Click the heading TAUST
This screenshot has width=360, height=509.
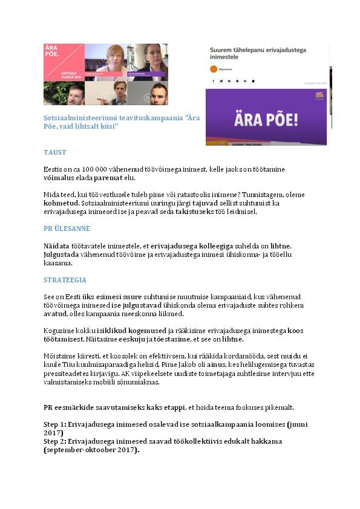(x=54, y=152)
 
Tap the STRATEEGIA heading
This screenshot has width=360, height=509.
(x=65, y=280)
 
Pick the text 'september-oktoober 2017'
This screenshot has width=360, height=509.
(x=91, y=450)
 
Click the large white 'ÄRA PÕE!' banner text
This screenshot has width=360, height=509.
(x=266, y=118)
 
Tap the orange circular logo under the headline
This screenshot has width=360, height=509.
(x=213, y=69)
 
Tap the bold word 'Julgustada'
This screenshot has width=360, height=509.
(x=61, y=254)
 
